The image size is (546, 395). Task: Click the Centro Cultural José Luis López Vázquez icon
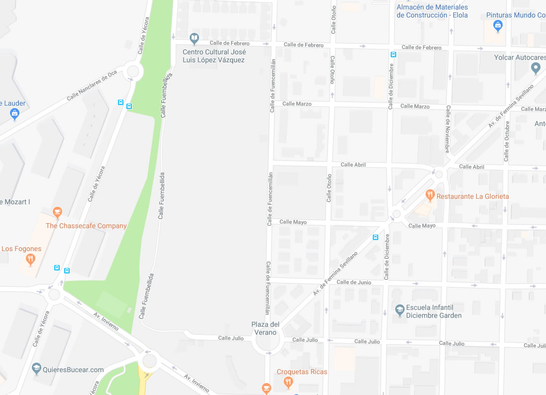[194, 38]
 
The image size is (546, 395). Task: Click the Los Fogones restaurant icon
[30, 259]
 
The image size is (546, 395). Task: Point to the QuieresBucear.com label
[74, 370]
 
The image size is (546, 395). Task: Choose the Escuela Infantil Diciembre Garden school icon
[399, 310]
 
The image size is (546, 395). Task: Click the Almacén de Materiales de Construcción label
[432, 11]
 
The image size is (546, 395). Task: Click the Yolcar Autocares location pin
[536, 68]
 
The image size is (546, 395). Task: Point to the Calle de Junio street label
[354, 282]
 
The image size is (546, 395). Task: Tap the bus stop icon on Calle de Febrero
[393, 54]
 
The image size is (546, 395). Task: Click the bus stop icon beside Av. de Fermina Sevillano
[375, 237]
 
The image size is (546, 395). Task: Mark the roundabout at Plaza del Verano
[266, 342]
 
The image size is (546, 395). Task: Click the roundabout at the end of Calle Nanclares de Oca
[132, 72]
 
